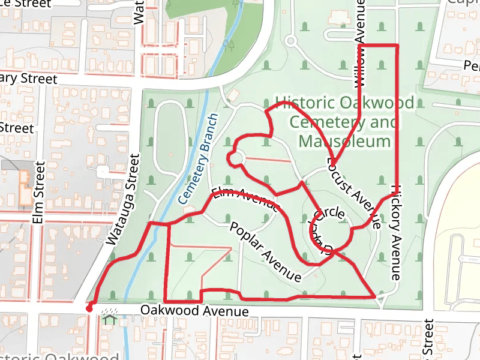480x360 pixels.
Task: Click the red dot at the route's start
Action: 89,309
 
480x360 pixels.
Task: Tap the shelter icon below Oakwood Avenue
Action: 109,317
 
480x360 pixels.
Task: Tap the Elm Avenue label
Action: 246,199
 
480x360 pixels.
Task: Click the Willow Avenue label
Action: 359,42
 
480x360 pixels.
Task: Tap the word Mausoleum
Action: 344,142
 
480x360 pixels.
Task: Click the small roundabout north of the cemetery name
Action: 292,41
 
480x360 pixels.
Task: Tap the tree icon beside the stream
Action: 230,44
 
